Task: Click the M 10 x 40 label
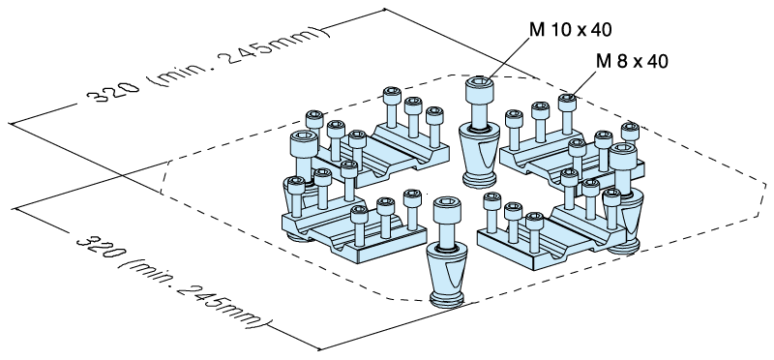570,30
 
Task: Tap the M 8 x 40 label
632,61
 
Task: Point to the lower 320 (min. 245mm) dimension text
174,282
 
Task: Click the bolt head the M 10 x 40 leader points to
479,87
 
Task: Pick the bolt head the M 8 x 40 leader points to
567,103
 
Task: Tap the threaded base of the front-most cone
447,299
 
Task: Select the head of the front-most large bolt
447,209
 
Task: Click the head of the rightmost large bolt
623,155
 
